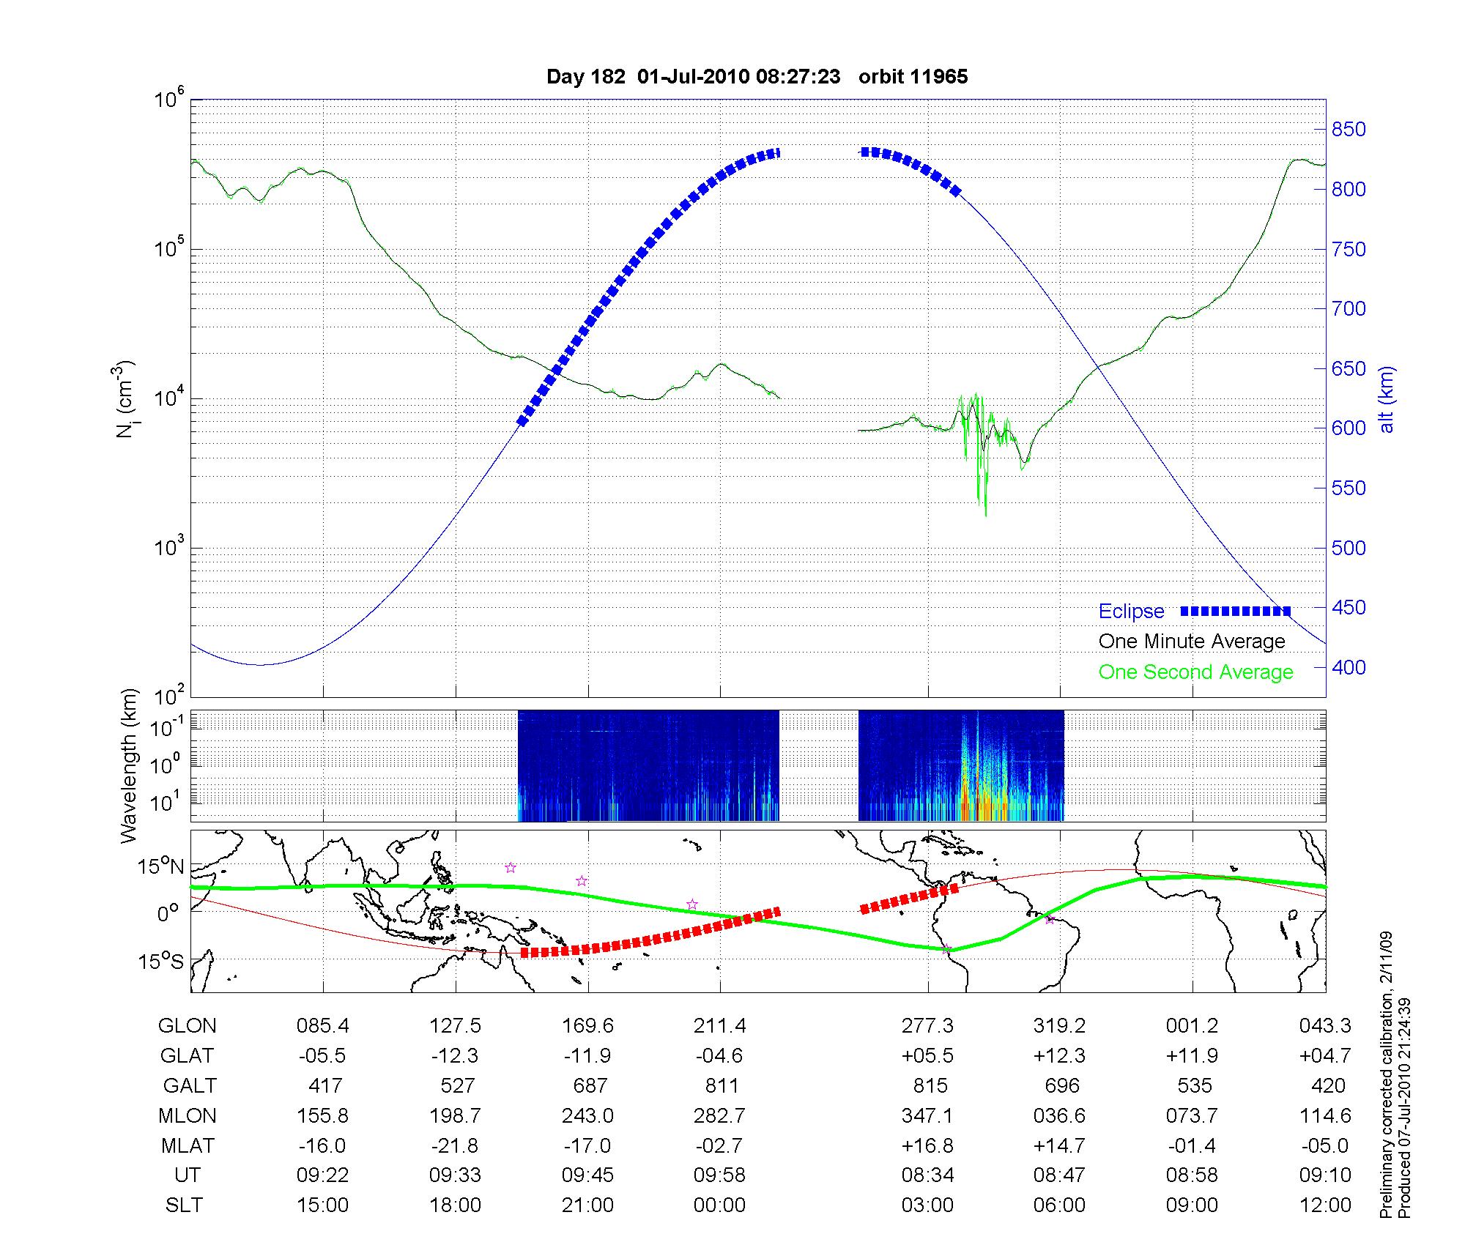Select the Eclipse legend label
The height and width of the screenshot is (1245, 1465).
pyautogui.click(x=1131, y=612)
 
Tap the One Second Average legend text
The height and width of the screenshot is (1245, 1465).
pyautogui.click(x=1195, y=672)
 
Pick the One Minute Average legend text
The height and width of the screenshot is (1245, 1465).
pyautogui.click(x=1192, y=642)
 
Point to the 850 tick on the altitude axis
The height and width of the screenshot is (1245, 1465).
pyautogui.click(x=1349, y=130)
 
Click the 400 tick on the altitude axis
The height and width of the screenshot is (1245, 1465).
pyautogui.click(x=1349, y=667)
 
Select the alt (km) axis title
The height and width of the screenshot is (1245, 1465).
pyautogui.click(x=1387, y=400)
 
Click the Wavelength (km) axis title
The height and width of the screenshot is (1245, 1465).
pyautogui.click(x=129, y=766)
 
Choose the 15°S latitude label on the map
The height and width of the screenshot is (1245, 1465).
pyautogui.click(x=160, y=961)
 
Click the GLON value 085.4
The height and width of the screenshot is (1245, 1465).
pyautogui.click(x=322, y=1026)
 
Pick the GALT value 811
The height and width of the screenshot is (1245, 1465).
pyautogui.click(x=722, y=1085)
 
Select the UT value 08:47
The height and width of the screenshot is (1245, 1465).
pyautogui.click(x=1059, y=1175)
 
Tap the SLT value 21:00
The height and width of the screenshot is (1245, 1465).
pyautogui.click(x=587, y=1205)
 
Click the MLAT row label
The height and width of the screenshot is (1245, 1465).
pyautogui.click(x=188, y=1145)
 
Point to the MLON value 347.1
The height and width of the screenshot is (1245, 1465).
pyautogui.click(x=927, y=1115)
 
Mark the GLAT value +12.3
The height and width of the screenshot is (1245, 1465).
pyautogui.click(x=1059, y=1055)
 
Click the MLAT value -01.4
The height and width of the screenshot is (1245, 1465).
pyautogui.click(x=1193, y=1145)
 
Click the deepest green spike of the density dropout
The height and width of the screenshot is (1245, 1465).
pyautogui.click(x=985, y=514)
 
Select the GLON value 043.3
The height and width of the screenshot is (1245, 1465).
pyautogui.click(x=1325, y=1026)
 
